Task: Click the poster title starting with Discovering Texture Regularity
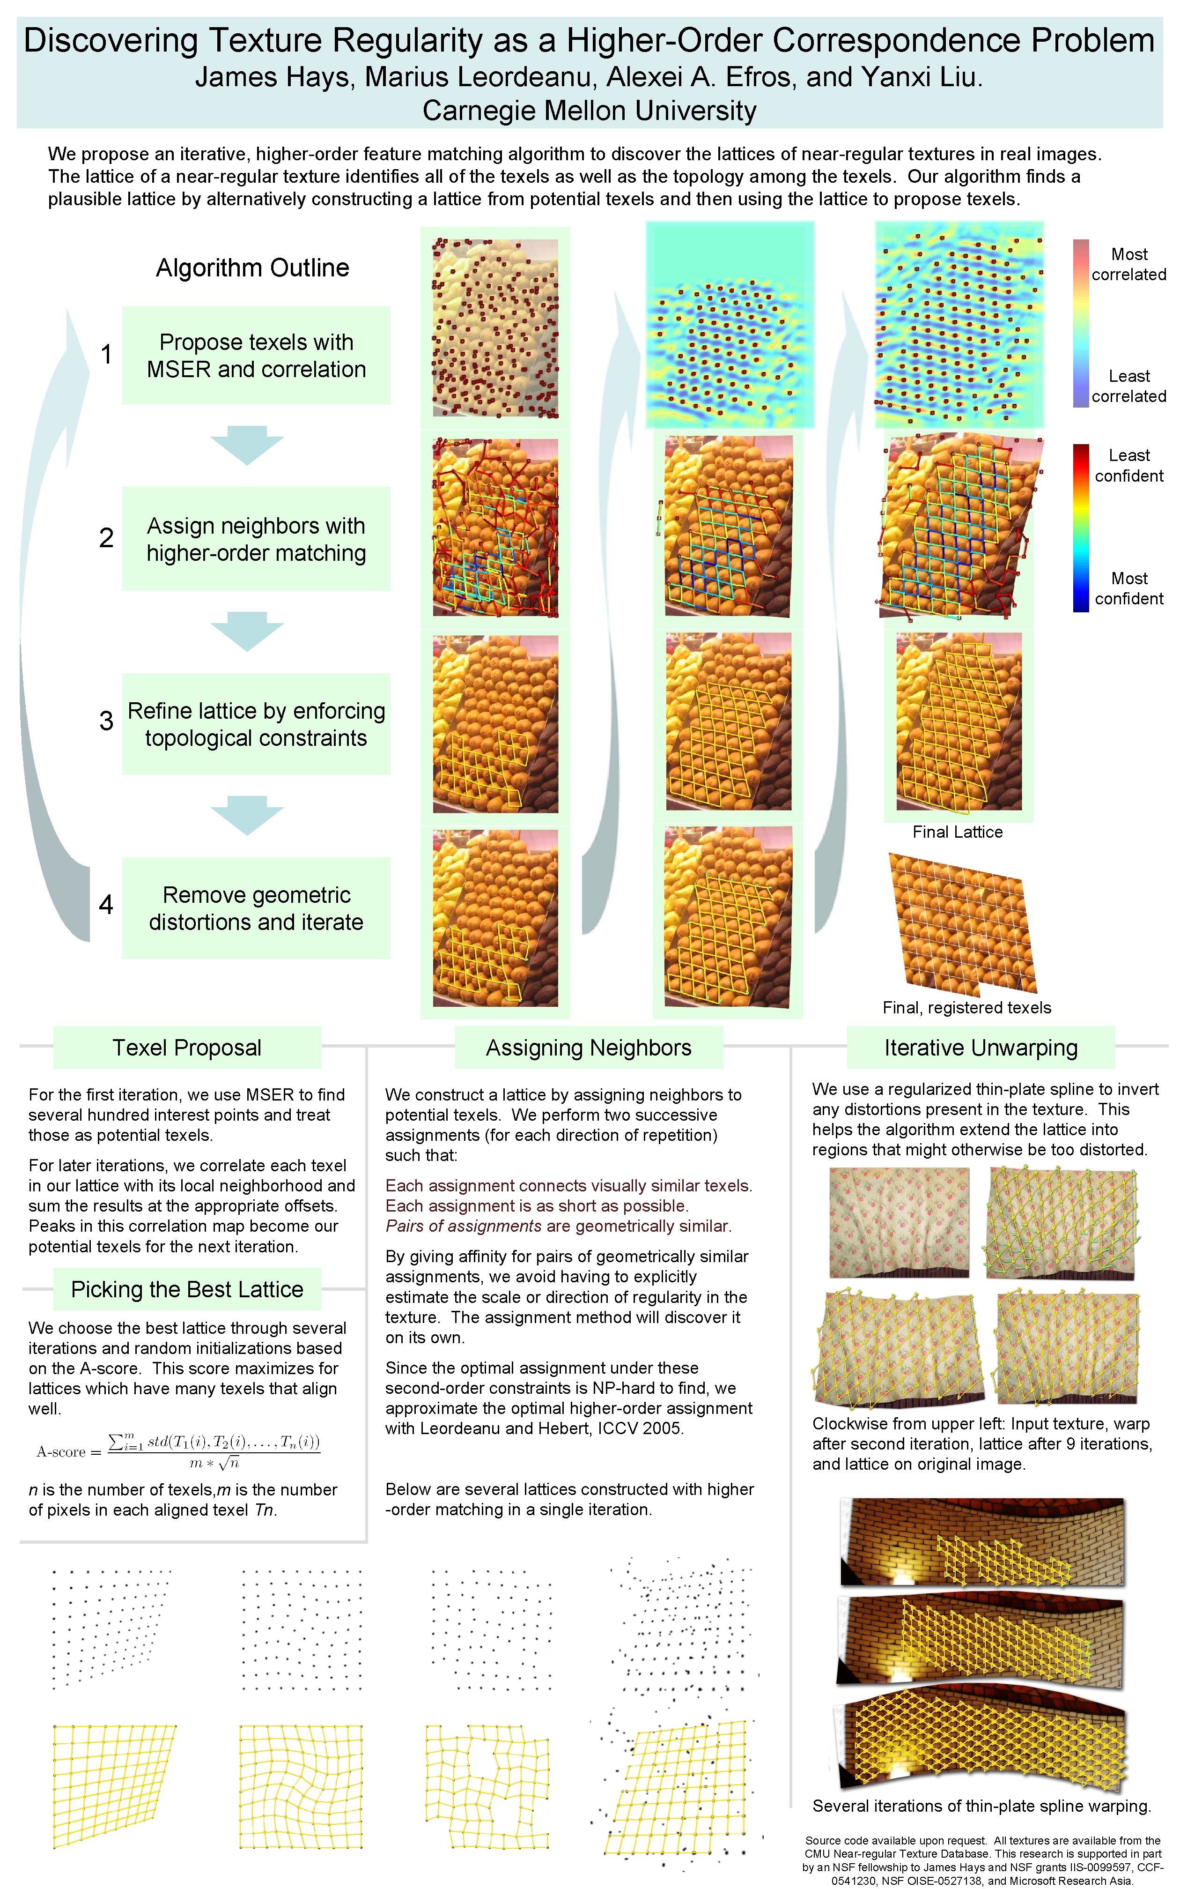click(589, 41)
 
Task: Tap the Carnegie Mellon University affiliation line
click(589, 111)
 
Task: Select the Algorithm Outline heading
click(252, 268)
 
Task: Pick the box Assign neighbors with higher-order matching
click(256, 539)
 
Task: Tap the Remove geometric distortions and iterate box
click(256, 908)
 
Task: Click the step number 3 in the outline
click(106, 721)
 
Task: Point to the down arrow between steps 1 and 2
click(247, 445)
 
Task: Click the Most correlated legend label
click(1128, 264)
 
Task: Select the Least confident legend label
click(1128, 465)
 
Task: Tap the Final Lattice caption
click(958, 832)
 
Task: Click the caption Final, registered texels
click(966, 1008)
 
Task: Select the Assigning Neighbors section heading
click(589, 1048)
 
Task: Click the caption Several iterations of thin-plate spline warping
click(981, 1806)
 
